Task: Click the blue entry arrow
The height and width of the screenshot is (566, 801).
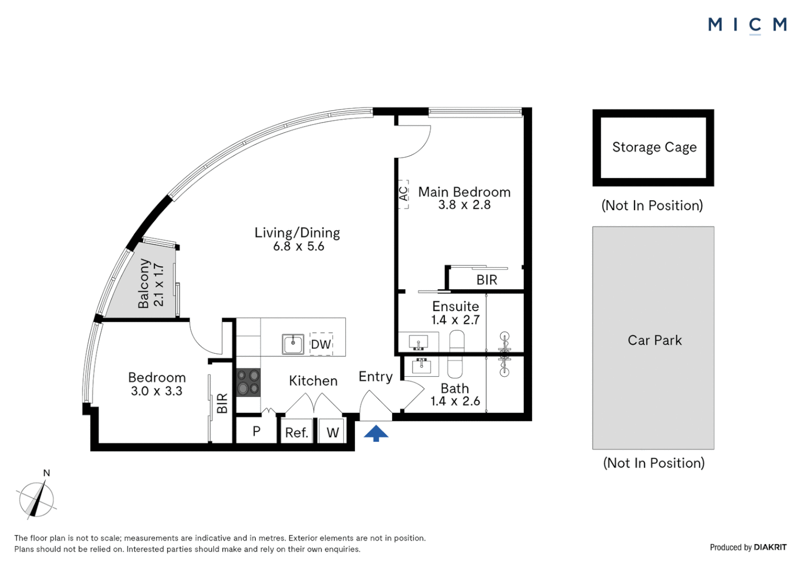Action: [376, 433]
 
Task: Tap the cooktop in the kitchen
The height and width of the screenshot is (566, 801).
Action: [248, 382]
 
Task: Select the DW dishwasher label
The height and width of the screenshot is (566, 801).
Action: [321, 344]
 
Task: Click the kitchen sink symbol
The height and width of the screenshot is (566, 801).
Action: [293, 344]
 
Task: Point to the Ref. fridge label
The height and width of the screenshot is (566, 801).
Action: [296, 433]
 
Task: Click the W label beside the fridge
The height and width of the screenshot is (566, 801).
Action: [332, 433]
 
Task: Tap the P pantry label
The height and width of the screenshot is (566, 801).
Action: [256, 431]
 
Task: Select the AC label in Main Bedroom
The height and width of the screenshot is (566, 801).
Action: [403, 194]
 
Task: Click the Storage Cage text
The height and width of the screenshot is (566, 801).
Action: [654, 147]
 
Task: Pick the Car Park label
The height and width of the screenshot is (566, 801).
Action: [655, 341]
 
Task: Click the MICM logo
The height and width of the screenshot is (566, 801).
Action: [748, 25]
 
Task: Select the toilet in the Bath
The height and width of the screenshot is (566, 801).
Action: [456, 367]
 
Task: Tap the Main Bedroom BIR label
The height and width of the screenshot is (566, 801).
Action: [486, 280]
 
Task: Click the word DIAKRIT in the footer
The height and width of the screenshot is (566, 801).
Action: [770, 547]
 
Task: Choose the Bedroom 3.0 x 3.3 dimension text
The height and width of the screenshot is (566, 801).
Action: [157, 391]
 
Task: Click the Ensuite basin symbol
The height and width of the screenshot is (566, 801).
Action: [418, 342]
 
